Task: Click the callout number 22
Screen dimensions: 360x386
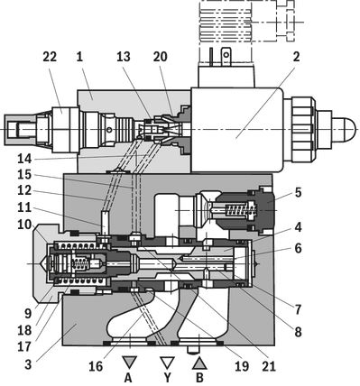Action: pyautogui.click(x=50, y=57)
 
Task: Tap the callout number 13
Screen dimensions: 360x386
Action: pyautogui.click(x=124, y=57)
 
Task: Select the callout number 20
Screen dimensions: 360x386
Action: pyautogui.click(x=160, y=57)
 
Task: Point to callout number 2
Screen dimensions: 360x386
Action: pyautogui.click(x=296, y=57)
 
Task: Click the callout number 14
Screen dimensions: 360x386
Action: pyautogui.click(x=24, y=159)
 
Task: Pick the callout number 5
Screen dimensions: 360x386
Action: pyautogui.click(x=298, y=193)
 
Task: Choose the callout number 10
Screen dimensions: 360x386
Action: pyautogui.click(x=24, y=224)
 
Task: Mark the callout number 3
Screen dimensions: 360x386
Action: pyautogui.click(x=28, y=364)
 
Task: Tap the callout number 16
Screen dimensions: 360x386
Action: pyautogui.click(x=96, y=366)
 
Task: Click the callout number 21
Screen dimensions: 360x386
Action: pyautogui.click(x=269, y=366)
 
